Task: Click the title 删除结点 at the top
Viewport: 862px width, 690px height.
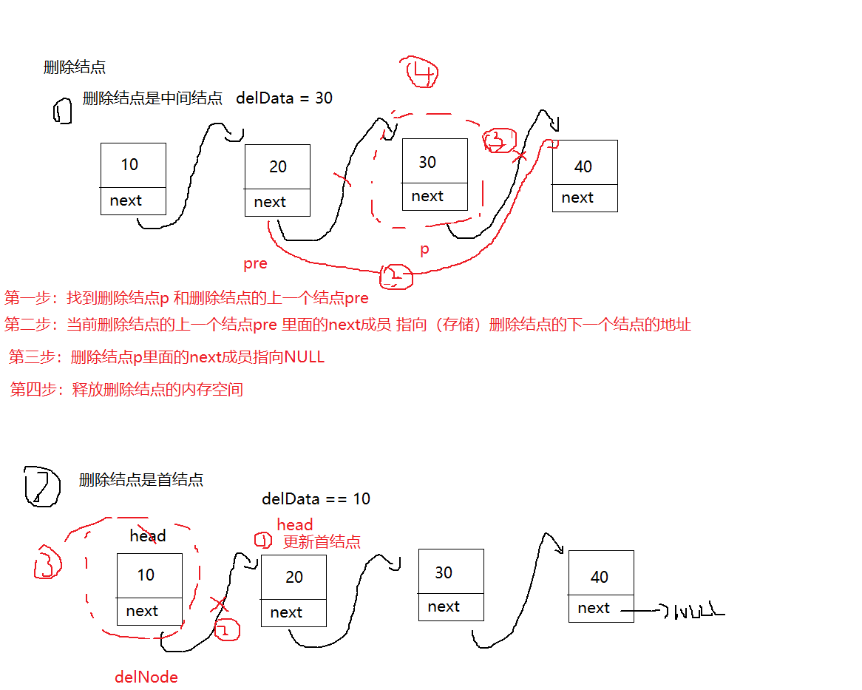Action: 74,67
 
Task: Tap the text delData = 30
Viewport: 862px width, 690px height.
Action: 284,98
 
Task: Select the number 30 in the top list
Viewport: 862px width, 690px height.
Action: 427,162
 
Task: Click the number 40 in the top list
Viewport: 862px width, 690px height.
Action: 583,166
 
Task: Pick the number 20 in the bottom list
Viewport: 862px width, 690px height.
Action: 294,577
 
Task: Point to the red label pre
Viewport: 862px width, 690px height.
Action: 255,263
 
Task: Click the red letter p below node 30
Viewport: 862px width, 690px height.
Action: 424,250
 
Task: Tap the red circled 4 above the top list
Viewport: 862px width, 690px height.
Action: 422,72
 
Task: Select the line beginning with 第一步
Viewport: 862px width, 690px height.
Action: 186,299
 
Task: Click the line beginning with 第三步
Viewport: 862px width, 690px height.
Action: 166,357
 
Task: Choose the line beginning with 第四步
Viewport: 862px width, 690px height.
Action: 126,389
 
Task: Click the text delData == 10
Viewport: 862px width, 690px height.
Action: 316,498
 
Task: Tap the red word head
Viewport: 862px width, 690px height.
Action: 295,525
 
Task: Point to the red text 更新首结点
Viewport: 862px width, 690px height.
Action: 322,541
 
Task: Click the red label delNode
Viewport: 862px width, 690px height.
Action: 146,677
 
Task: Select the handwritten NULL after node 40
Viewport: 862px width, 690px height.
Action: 695,611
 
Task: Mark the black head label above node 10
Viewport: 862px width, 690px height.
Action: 148,535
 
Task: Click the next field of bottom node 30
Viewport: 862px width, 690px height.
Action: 444,606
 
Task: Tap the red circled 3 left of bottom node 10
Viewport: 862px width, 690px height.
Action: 47,563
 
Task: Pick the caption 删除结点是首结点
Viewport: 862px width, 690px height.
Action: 141,480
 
